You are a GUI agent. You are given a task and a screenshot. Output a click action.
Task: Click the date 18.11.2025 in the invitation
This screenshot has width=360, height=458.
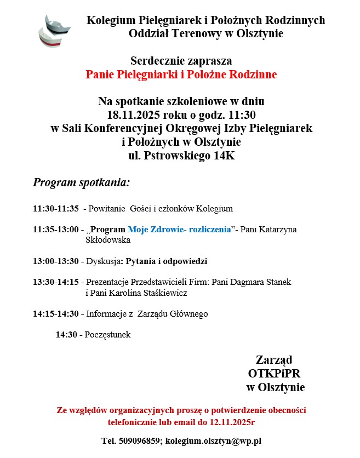[x=132, y=115]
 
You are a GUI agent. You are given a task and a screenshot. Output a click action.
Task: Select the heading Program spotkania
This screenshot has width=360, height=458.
[x=81, y=182]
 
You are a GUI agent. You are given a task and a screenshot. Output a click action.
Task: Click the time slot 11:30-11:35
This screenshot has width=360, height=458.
[x=55, y=209]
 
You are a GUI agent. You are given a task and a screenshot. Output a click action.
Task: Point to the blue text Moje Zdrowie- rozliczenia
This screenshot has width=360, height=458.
[x=179, y=230]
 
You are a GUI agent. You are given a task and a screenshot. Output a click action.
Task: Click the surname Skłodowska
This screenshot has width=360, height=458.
[x=108, y=240]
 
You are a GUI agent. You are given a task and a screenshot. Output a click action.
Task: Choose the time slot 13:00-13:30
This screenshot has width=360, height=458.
[x=55, y=261]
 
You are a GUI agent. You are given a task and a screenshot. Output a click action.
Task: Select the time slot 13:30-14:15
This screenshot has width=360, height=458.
[x=55, y=282]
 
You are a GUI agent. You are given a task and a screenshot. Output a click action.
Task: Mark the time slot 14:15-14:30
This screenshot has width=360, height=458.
[x=55, y=314]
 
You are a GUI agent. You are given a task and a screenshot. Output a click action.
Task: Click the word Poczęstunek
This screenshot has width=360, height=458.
[x=107, y=335]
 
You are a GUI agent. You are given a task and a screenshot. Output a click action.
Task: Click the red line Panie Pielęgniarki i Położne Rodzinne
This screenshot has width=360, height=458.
[x=181, y=75]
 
